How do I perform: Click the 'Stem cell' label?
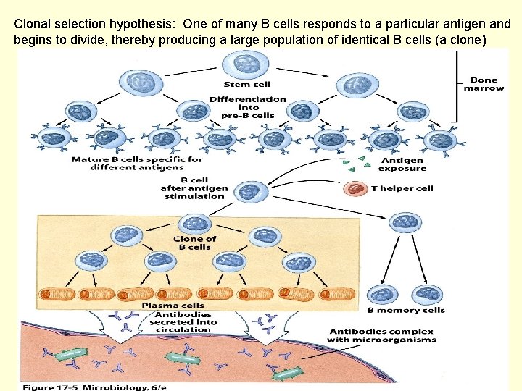[246, 84]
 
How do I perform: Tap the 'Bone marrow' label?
[484, 84]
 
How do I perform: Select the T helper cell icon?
[355, 188]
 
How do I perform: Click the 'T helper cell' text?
[402, 188]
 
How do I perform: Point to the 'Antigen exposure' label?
[402, 164]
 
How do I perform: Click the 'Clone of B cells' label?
[194, 243]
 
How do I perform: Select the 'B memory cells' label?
[405, 310]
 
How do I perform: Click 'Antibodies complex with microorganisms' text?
[381, 335]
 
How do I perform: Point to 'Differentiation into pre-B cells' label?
[247, 107]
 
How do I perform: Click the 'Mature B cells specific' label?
[137, 163]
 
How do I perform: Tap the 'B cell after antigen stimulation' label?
[194, 188]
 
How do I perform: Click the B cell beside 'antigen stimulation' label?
[249, 191]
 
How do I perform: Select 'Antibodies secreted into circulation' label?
[181, 322]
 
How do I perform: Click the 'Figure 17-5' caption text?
[48, 387]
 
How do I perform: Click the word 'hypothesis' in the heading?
[147, 23]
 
